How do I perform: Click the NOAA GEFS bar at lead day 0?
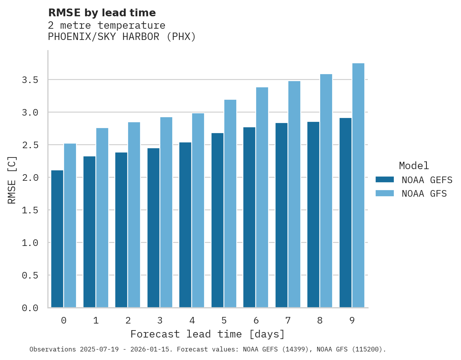point(57,239)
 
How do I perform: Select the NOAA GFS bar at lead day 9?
point(358,185)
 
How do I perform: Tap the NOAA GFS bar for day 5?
point(230,203)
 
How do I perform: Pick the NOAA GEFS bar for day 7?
point(281,215)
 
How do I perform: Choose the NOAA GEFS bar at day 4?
point(185,225)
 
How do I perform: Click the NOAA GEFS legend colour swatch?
point(385,180)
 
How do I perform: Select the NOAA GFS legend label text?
point(424,194)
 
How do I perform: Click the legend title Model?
point(414,166)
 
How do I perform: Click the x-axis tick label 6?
point(256,320)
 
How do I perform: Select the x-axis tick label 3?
point(160,320)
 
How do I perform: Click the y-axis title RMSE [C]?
point(12,180)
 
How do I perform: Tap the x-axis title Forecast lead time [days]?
point(208,334)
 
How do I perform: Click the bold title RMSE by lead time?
point(102,13)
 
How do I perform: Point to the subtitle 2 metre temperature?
point(107,26)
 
